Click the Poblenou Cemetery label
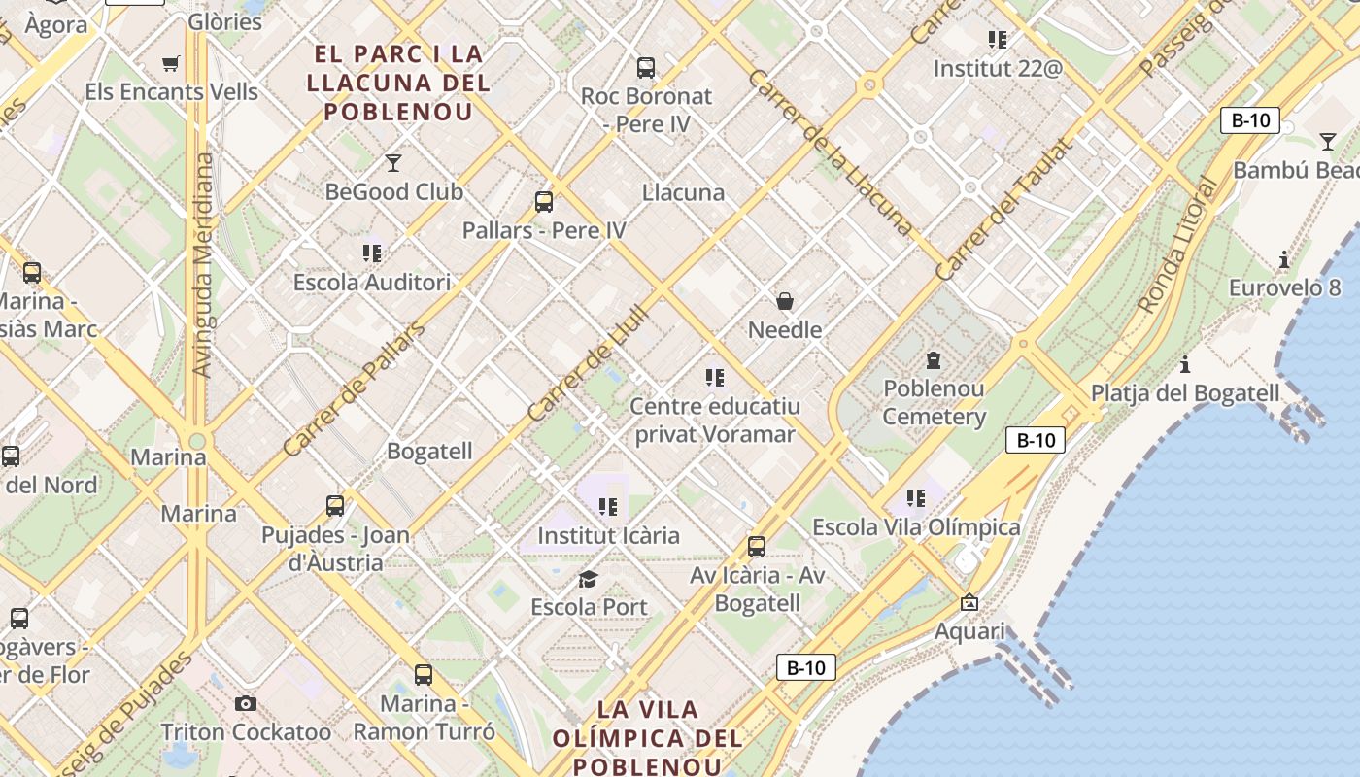934,402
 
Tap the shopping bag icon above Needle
785,301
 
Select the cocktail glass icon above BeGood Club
393,162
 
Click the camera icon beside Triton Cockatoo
246,703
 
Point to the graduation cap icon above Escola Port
588,580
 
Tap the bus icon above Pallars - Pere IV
544,202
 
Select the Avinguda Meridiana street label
203,264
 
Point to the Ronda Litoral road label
1176,245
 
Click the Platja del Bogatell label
1185,393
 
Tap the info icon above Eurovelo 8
1284,259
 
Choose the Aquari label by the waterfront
969,631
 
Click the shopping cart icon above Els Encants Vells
171,64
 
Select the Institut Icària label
608,535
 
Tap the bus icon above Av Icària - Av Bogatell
757,547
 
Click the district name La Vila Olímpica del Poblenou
648,737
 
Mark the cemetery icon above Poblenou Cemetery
934,360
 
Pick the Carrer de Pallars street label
354,390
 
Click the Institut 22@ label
998,69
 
